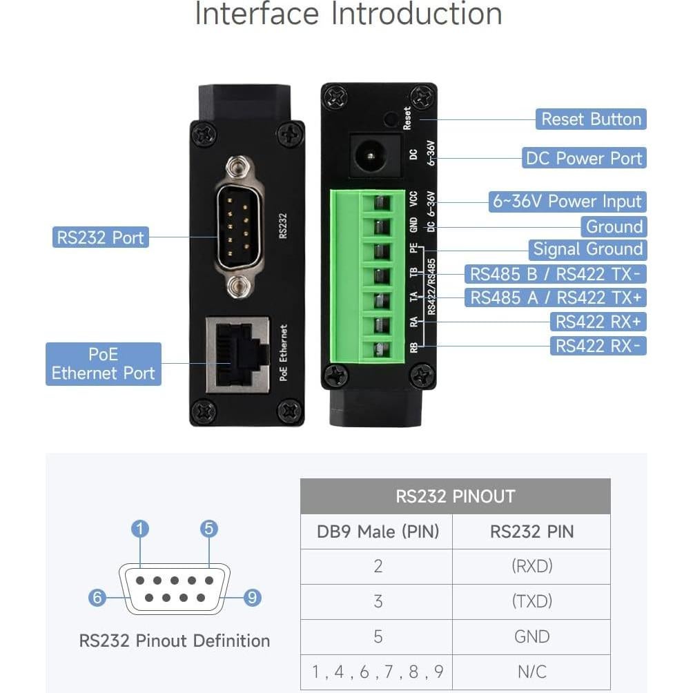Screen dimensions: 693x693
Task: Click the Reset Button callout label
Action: coord(591,119)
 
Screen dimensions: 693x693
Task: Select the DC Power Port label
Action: coord(584,158)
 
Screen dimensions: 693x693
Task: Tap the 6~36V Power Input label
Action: coord(567,202)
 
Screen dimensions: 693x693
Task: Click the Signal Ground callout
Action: coord(588,249)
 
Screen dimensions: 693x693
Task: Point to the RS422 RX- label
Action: coord(598,345)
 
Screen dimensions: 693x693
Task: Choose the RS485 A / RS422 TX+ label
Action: coord(555,297)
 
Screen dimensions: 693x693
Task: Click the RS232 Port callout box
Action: coord(101,237)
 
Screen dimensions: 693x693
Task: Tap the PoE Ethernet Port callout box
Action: coord(104,364)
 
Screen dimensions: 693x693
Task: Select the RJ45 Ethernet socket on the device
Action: coord(237,354)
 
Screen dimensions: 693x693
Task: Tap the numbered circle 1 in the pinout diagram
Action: coord(140,529)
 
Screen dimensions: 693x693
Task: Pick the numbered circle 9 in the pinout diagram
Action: coord(253,598)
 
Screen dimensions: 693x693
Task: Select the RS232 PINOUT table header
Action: coord(455,496)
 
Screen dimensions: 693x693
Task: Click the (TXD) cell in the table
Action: coord(531,601)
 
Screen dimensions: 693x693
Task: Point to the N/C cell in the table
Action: coord(531,672)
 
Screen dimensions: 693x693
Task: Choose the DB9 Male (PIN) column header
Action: coord(378,531)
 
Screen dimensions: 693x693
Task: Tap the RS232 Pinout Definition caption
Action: coord(174,641)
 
